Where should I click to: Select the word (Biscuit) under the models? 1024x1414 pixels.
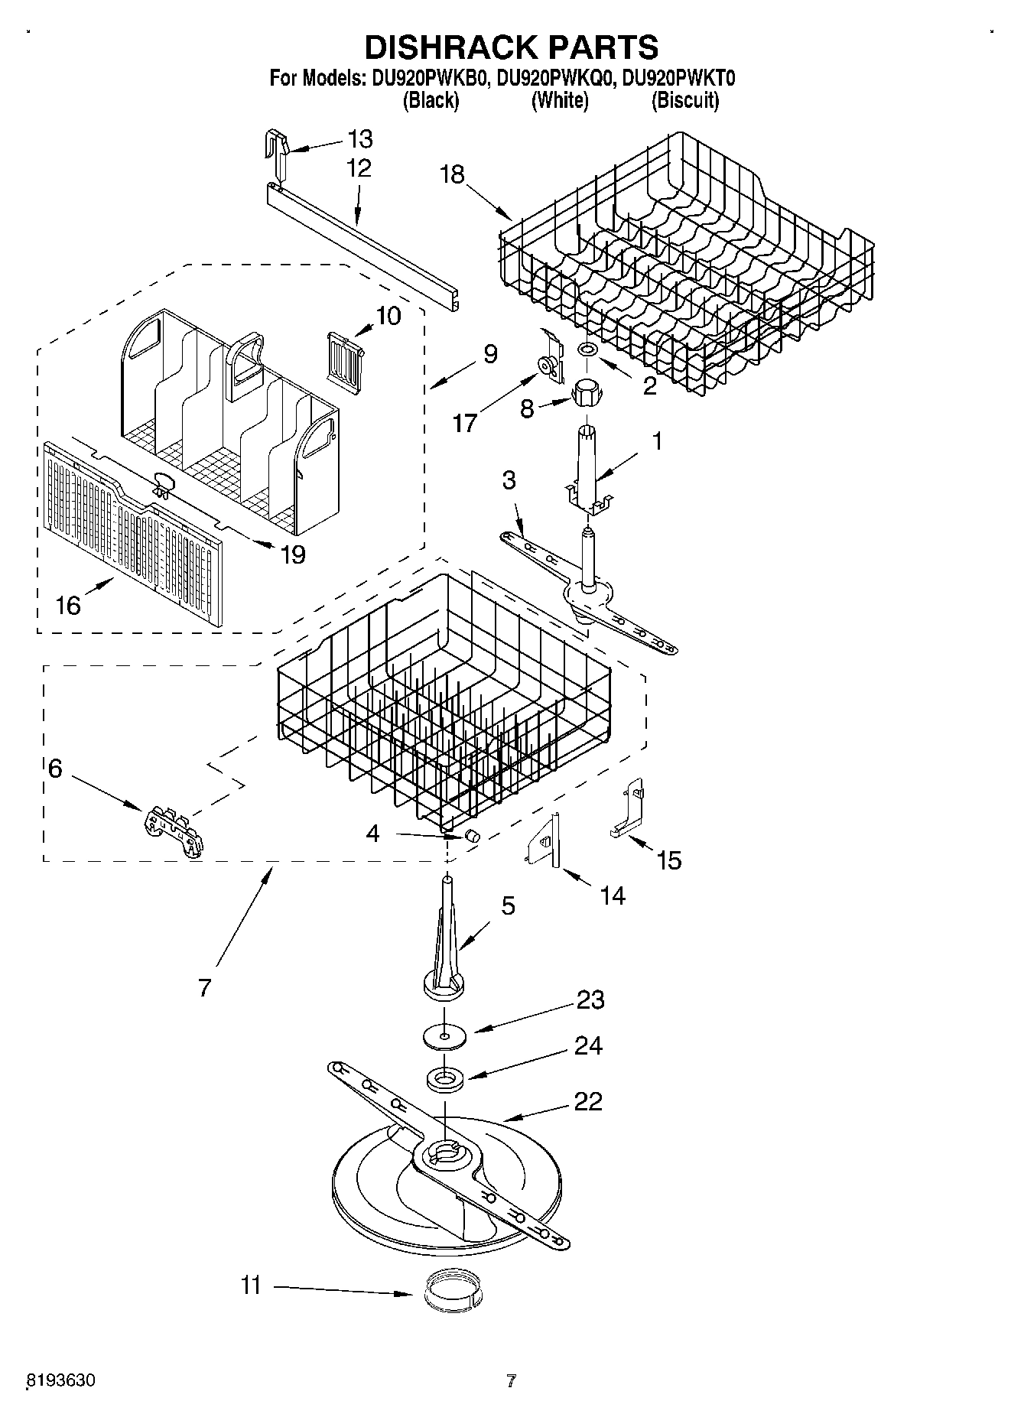684,100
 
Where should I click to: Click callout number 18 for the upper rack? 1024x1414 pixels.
452,174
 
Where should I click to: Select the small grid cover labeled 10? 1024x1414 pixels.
344,353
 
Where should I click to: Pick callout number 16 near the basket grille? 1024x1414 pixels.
68,606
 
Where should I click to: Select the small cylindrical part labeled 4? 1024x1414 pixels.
473,835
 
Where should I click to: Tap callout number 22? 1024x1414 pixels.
587,1101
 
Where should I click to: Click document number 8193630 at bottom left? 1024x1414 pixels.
61,1381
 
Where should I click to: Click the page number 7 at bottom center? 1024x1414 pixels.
512,1381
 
